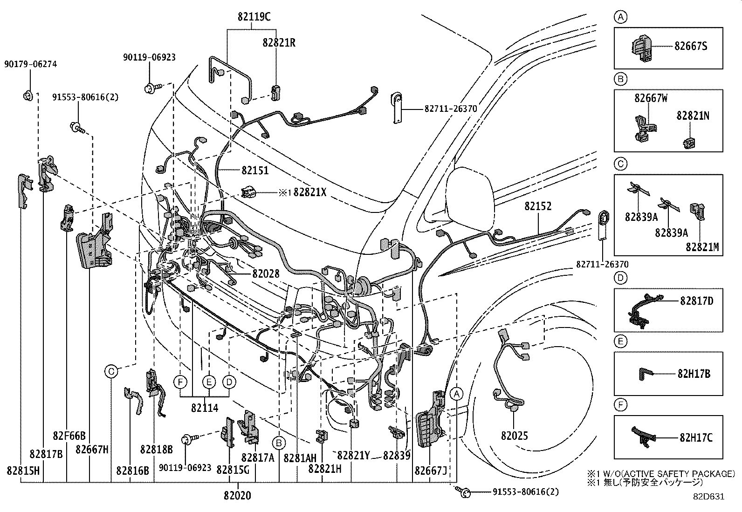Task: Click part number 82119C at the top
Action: pos(253,17)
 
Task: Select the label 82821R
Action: pos(278,42)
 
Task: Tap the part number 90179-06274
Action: pos(31,64)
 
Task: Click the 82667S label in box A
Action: pos(691,46)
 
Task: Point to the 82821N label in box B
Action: pos(693,116)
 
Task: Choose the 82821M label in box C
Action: pos(702,247)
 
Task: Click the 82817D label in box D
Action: pos(696,301)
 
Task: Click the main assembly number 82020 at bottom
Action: pos(237,496)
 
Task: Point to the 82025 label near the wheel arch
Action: pos(515,436)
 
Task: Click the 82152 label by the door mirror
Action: pos(537,206)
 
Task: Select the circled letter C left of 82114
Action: pos(111,371)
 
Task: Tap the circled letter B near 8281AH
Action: pos(279,442)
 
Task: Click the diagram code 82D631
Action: pos(708,496)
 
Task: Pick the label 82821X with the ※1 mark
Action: pos(309,192)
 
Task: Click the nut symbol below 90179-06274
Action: pos(27,96)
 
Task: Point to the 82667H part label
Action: pos(92,449)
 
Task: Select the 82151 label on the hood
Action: pos(255,171)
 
